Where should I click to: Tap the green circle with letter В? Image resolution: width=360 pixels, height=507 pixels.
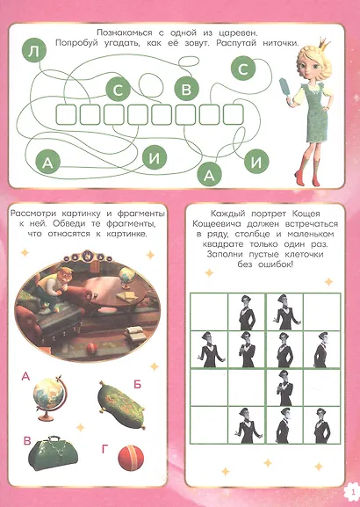click(x=186, y=89)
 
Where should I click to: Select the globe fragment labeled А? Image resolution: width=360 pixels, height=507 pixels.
click(x=49, y=398)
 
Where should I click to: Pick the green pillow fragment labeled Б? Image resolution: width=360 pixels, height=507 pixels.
click(x=122, y=404)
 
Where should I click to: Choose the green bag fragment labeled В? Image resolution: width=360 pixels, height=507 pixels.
click(x=53, y=453)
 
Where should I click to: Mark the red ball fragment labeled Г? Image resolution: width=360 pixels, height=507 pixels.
click(x=131, y=458)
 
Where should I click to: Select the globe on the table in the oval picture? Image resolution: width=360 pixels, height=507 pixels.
click(x=126, y=277)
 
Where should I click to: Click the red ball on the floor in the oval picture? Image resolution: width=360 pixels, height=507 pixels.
click(x=92, y=348)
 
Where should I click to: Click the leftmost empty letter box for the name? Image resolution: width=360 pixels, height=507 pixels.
click(x=66, y=114)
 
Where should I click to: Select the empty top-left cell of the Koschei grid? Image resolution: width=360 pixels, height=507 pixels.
click(x=209, y=312)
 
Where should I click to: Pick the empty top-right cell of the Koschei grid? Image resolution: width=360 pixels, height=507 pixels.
click(x=322, y=312)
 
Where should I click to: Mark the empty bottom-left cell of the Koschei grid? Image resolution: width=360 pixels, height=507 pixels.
click(x=209, y=425)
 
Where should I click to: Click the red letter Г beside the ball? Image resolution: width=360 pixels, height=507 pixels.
click(x=104, y=449)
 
